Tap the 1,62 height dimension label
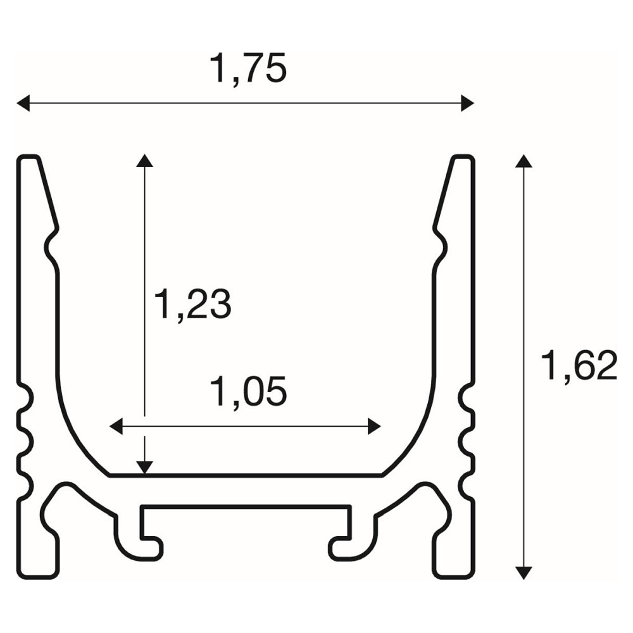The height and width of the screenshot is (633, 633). [x=579, y=366]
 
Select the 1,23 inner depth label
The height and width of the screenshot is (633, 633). [x=193, y=304]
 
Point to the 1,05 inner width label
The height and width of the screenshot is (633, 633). [x=248, y=391]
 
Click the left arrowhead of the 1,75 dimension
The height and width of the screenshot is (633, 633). [x=23, y=103]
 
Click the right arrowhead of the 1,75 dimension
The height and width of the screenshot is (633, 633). [x=468, y=103]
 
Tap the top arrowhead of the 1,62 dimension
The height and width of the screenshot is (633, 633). [x=523, y=161]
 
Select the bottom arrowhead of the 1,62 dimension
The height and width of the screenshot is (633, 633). [x=523, y=573]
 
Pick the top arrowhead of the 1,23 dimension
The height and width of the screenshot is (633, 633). [x=144, y=160]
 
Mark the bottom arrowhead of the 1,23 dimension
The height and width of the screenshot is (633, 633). [x=144, y=468]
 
